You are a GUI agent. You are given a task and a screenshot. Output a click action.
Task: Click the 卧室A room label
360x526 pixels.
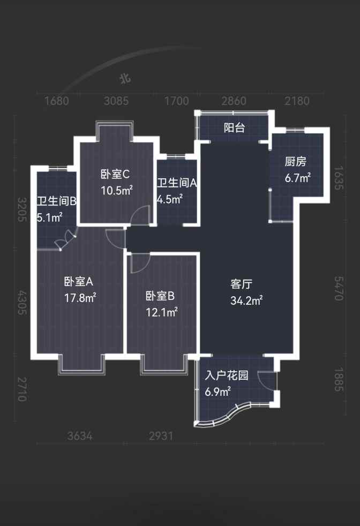point(79,281)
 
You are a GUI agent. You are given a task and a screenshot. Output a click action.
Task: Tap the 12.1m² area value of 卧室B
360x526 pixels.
point(162,312)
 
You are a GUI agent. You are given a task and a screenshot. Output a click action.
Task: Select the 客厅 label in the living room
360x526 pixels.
point(241,284)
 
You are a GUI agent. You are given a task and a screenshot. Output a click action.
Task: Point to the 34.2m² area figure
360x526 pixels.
point(246,300)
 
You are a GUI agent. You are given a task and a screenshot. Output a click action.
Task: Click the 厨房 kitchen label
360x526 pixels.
point(296,162)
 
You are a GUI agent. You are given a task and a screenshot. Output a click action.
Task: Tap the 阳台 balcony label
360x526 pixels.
point(234,127)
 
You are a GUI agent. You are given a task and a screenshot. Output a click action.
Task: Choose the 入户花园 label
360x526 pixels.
point(227,375)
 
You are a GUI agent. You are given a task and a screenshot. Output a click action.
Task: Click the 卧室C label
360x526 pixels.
point(115,175)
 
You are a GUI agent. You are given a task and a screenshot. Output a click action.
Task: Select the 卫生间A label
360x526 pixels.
point(177,183)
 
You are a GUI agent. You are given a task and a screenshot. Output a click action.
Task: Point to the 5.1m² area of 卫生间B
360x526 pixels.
point(49,217)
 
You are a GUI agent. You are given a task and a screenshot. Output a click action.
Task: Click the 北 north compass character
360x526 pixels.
point(125,79)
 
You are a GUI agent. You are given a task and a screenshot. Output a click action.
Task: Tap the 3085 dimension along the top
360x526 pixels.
point(116,101)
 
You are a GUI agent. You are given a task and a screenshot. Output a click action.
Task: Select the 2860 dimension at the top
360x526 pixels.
point(234,101)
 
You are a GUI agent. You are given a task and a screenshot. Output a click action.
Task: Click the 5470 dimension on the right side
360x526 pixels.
point(339,289)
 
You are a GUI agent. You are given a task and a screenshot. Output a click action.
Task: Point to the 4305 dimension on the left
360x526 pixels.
point(22,303)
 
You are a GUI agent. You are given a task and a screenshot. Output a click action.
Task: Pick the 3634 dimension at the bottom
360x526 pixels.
point(79,436)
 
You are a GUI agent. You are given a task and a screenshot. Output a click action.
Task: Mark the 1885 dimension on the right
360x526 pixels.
point(339,379)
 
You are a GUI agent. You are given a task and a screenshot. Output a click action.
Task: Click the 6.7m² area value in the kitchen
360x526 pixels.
point(298,178)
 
